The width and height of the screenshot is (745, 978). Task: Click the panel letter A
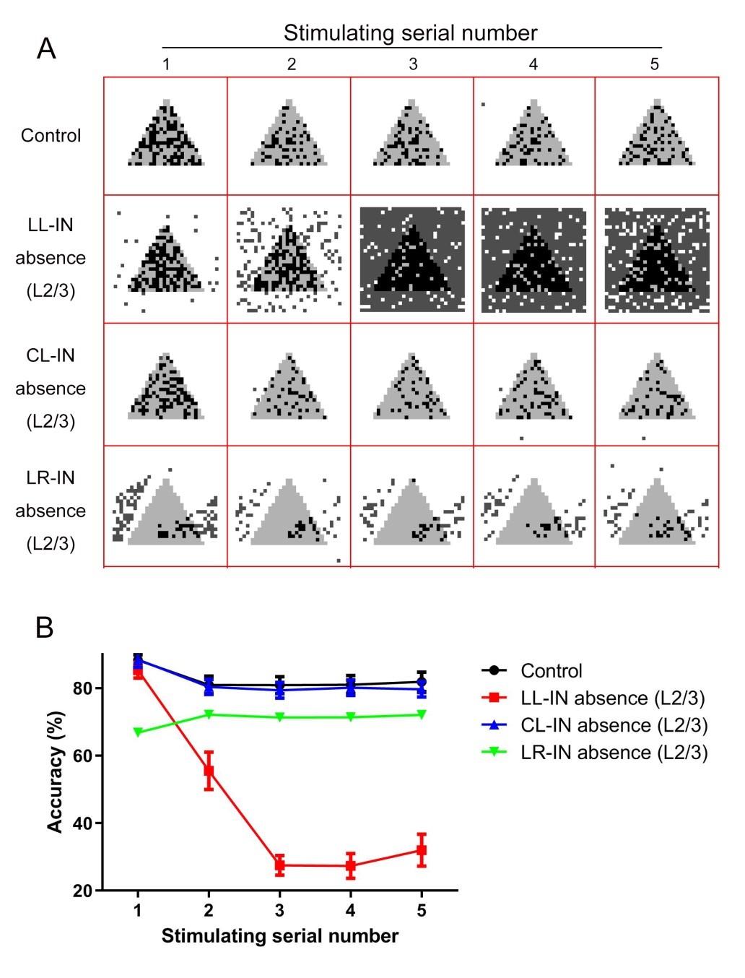(46, 49)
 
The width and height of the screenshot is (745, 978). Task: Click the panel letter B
(45, 627)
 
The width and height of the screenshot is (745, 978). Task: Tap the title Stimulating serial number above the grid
(410, 33)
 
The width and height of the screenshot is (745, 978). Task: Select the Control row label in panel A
(51, 136)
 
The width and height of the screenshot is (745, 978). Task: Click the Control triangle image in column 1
(166, 134)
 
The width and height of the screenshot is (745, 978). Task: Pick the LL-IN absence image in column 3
(412, 259)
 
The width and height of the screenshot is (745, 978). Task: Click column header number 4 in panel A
(533, 64)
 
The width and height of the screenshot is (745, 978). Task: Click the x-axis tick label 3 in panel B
(279, 910)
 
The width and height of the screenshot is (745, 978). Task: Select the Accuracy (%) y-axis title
(56, 771)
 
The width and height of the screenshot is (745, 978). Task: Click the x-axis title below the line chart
(279, 936)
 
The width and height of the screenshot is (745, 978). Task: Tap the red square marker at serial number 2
(209, 770)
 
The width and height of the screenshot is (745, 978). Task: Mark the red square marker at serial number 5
(422, 850)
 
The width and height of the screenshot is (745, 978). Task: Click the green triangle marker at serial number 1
(138, 732)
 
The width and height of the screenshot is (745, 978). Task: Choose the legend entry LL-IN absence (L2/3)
(612, 698)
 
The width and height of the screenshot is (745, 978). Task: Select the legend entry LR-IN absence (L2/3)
(614, 753)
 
